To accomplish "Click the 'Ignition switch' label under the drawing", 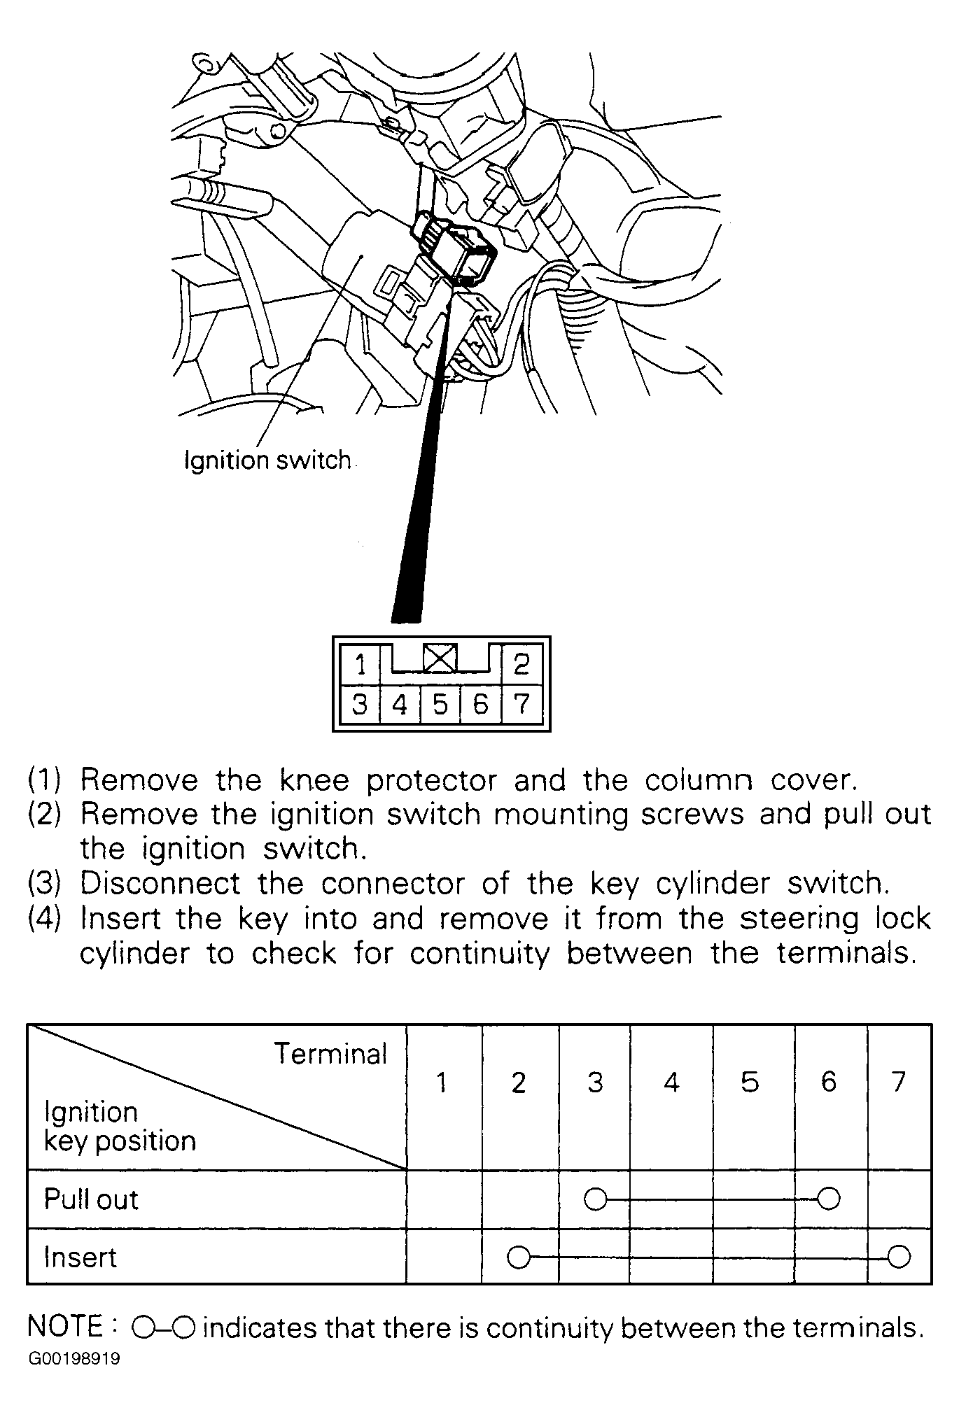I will [x=267, y=460].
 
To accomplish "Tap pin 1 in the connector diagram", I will [x=360, y=663].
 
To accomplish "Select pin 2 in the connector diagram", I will [x=521, y=663].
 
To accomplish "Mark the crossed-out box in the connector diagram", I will [x=440, y=658].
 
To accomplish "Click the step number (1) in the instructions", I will [x=44, y=780].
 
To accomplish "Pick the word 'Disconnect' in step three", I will [x=160, y=883].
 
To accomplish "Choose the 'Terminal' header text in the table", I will [x=330, y=1054].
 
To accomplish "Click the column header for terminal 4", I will [x=671, y=1083].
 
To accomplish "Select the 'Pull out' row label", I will [x=91, y=1199].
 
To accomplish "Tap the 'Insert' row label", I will [x=80, y=1257].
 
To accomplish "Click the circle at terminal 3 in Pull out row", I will [x=595, y=1199].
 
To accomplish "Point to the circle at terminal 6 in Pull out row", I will [x=829, y=1199].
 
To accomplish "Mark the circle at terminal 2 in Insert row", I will [x=519, y=1257].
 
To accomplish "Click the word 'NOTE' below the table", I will [x=65, y=1327].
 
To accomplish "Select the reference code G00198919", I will [x=74, y=1359].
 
